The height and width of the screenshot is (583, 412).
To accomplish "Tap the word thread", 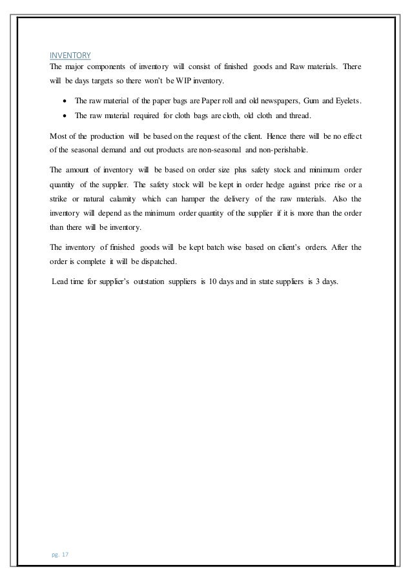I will tap(298, 117).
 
